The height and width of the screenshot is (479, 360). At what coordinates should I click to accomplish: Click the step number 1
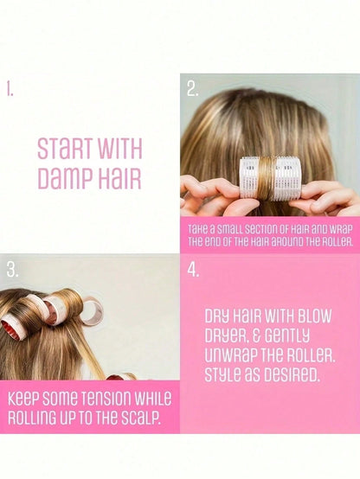[x=10, y=90]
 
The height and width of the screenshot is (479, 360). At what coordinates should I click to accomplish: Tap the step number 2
[x=192, y=89]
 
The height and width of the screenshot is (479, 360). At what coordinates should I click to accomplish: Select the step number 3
[x=12, y=270]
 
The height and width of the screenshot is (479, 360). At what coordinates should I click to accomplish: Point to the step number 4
[x=193, y=270]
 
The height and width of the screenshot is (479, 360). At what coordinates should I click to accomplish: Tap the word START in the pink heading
[x=65, y=149]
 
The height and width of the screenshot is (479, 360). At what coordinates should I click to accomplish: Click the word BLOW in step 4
[x=314, y=316]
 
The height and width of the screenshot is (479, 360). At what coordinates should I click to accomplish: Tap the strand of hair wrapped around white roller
[x=267, y=179]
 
